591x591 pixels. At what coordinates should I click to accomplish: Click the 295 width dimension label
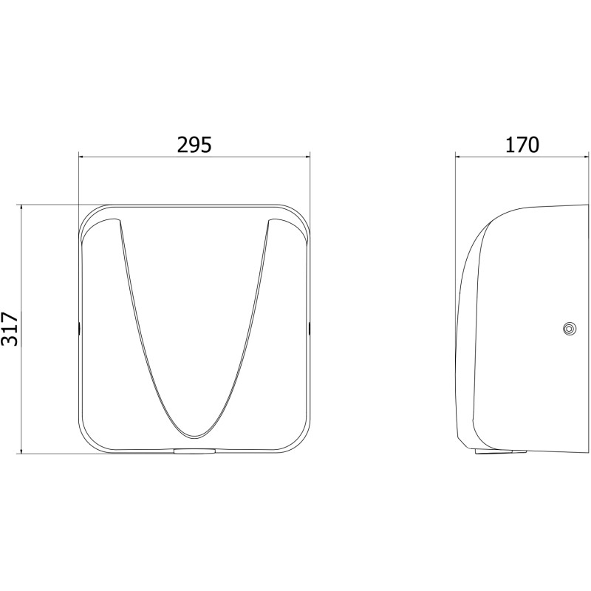click(x=194, y=145)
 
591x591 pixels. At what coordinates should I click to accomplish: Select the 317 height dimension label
click(x=10, y=329)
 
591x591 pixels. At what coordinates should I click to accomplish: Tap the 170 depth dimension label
click(x=522, y=145)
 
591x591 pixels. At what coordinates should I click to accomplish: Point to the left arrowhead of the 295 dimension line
click(x=81, y=156)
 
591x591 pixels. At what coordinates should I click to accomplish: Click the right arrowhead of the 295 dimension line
click(x=307, y=156)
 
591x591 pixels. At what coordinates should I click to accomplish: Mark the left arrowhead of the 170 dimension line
click(x=458, y=156)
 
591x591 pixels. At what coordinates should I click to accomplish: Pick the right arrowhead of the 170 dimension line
click(x=586, y=156)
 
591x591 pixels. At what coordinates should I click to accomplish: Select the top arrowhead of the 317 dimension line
click(x=21, y=208)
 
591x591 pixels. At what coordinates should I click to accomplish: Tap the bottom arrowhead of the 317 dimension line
click(x=21, y=451)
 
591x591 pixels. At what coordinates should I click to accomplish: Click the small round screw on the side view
click(x=569, y=329)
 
